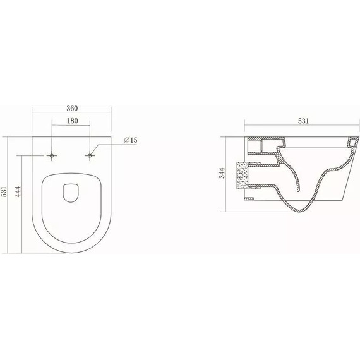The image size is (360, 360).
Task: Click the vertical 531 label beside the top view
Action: (4, 190)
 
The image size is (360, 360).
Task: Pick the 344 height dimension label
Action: (222, 173)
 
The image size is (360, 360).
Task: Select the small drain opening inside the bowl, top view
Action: (71, 192)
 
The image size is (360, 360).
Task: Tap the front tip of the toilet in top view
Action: (71, 254)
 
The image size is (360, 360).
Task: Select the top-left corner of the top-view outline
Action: (32, 136)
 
